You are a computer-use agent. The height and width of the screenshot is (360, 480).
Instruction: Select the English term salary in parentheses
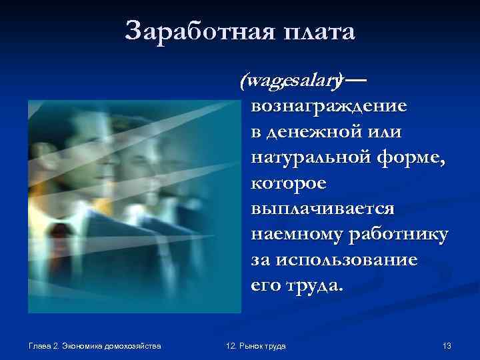(x=309, y=81)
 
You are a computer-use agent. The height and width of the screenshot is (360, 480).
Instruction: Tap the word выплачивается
(x=323, y=209)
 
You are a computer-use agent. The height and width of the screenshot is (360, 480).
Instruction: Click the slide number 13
(x=447, y=346)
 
